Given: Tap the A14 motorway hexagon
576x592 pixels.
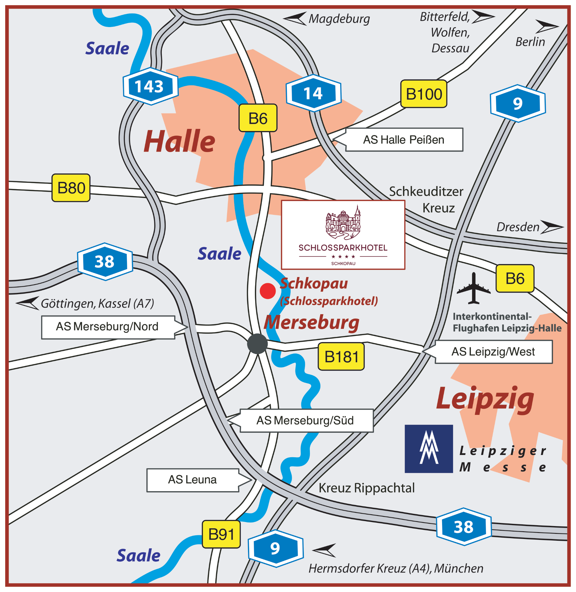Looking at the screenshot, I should (314, 93).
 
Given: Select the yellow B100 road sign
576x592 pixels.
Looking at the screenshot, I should (424, 94).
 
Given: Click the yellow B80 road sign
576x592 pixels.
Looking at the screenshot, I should (71, 187).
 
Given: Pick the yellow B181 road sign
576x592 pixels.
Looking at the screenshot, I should (341, 356).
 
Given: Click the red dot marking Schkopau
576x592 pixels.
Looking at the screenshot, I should (268, 291).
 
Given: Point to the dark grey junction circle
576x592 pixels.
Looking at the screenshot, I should (257, 344).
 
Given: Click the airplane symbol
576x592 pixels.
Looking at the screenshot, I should (473, 288).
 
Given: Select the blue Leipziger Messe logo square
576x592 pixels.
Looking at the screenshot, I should (429, 449).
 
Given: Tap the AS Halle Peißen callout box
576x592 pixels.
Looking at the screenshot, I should (403, 140).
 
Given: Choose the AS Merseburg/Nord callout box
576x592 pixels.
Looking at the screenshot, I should (108, 327).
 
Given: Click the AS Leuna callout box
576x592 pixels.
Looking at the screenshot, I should (193, 480).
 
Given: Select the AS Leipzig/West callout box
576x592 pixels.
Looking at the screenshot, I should (493, 352).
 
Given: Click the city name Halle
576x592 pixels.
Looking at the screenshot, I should (179, 141).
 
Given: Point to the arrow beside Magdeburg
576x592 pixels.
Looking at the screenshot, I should (295, 18).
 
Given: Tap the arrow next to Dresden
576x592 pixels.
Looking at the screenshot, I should (552, 227).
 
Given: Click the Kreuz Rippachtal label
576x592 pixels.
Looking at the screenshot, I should (366, 488).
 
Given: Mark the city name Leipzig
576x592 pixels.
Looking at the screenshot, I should (485, 399).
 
